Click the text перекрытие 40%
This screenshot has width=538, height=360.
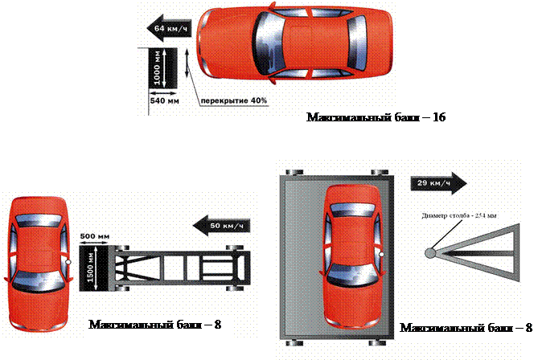pyautogui.click(x=233, y=100)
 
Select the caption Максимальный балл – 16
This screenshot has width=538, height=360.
pyautogui.click(x=375, y=118)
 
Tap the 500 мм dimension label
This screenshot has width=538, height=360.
pyautogui.click(x=94, y=236)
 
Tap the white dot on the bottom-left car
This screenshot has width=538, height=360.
pyautogui.click(x=69, y=263)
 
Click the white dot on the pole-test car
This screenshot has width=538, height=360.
pyautogui.click(x=383, y=255)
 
